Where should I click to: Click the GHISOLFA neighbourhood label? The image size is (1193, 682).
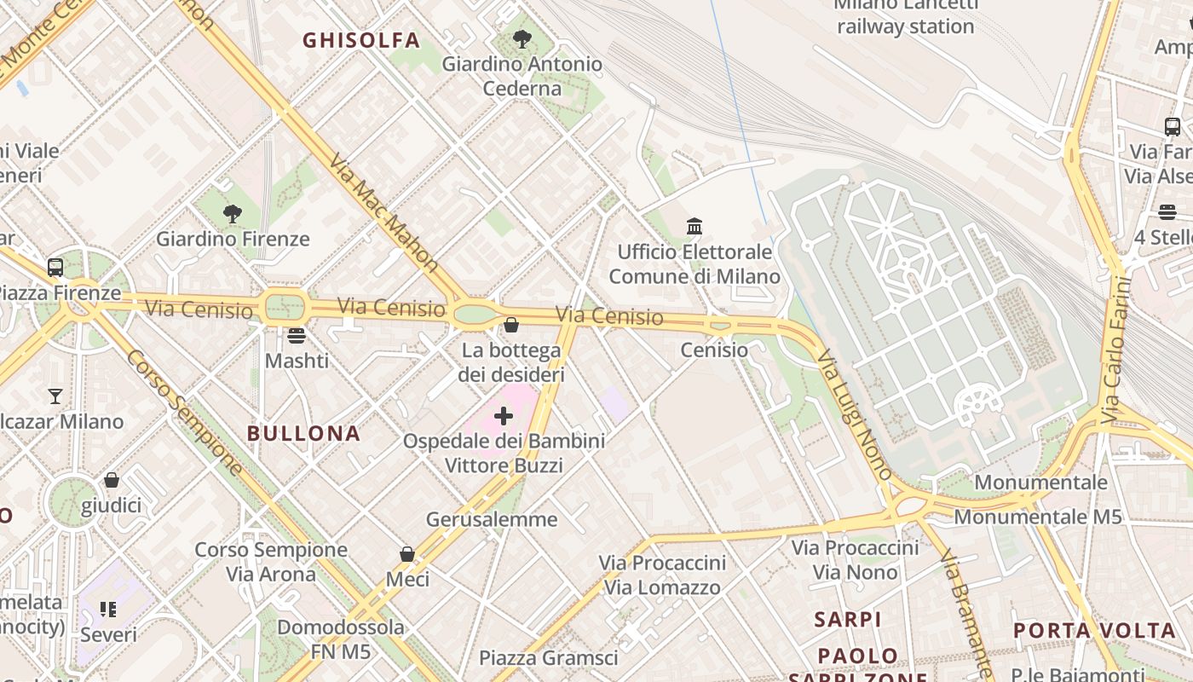[361, 40]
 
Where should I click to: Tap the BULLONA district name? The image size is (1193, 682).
[304, 433]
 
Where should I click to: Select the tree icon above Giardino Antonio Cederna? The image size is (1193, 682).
[522, 39]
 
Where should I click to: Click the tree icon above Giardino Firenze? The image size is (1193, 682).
[233, 214]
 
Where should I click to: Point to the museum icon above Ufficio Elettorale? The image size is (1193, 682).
[694, 227]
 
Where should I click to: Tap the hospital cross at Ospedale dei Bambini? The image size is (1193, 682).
[504, 416]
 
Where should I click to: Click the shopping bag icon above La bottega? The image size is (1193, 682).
[511, 325]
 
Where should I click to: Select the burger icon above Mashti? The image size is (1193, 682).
[296, 336]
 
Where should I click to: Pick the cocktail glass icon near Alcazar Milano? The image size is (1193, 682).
[55, 396]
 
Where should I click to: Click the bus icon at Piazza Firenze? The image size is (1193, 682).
[55, 268]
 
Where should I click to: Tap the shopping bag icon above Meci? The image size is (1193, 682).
[407, 555]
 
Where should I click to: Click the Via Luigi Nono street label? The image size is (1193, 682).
[854, 413]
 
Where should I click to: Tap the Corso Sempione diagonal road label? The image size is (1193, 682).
[184, 412]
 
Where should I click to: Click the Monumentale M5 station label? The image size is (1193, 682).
[1037, 517]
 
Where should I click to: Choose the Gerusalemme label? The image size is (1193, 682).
[492, 519]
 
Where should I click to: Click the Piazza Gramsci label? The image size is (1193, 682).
[548, 658]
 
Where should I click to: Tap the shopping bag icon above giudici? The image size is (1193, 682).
[112, 481]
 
